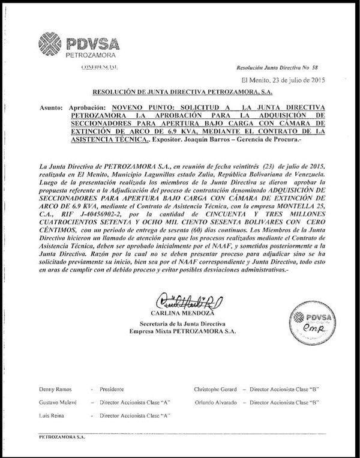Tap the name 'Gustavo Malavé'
pyautogui.click(x=57, y=402)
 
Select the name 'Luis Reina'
pyautogui.click(x=51, y=415)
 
